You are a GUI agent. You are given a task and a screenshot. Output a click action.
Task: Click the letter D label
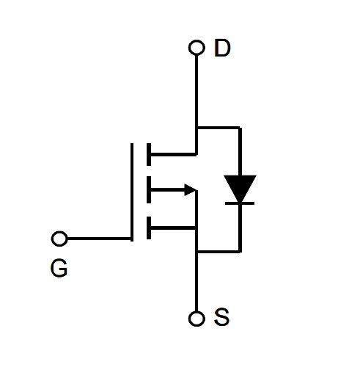coord(222,48)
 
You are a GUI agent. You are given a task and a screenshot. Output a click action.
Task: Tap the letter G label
coord(59,268)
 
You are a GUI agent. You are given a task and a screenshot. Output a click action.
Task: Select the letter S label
coord(221,317)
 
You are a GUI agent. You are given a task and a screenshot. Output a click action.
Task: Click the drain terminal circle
coord(196,48)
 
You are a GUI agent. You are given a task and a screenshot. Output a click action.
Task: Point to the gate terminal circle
coord(59,239)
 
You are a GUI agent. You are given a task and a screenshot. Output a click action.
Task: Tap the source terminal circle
coord(196,319)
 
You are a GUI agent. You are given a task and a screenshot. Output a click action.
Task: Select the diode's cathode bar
coord(240,203)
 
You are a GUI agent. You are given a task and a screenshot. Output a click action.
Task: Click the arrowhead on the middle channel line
coord(191,190)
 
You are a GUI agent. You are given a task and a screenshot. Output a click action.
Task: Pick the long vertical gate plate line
coord(132,192)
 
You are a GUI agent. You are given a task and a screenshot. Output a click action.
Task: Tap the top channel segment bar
coord(149,154)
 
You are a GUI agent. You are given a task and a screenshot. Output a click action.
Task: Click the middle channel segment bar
coord(149,189)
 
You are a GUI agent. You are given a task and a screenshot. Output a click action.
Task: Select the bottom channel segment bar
coord(149,228)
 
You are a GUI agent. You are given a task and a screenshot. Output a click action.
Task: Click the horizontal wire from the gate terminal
coord(99,239)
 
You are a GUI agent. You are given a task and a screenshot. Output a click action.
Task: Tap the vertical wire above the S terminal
coord(196,282)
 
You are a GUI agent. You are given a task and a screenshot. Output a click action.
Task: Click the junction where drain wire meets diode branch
coord(196,128)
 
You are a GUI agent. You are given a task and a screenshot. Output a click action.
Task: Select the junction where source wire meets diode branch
coord(196,251)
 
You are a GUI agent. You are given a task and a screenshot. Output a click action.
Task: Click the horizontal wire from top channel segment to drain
coord(174,154)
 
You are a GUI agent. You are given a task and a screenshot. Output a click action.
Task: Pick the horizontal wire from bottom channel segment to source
coord(174,228)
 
